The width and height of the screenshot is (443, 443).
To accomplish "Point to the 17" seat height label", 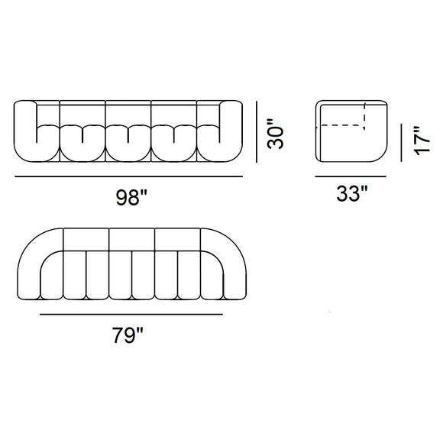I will coord(416,141).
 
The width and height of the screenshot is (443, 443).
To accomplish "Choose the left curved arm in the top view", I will coord(34,264).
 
